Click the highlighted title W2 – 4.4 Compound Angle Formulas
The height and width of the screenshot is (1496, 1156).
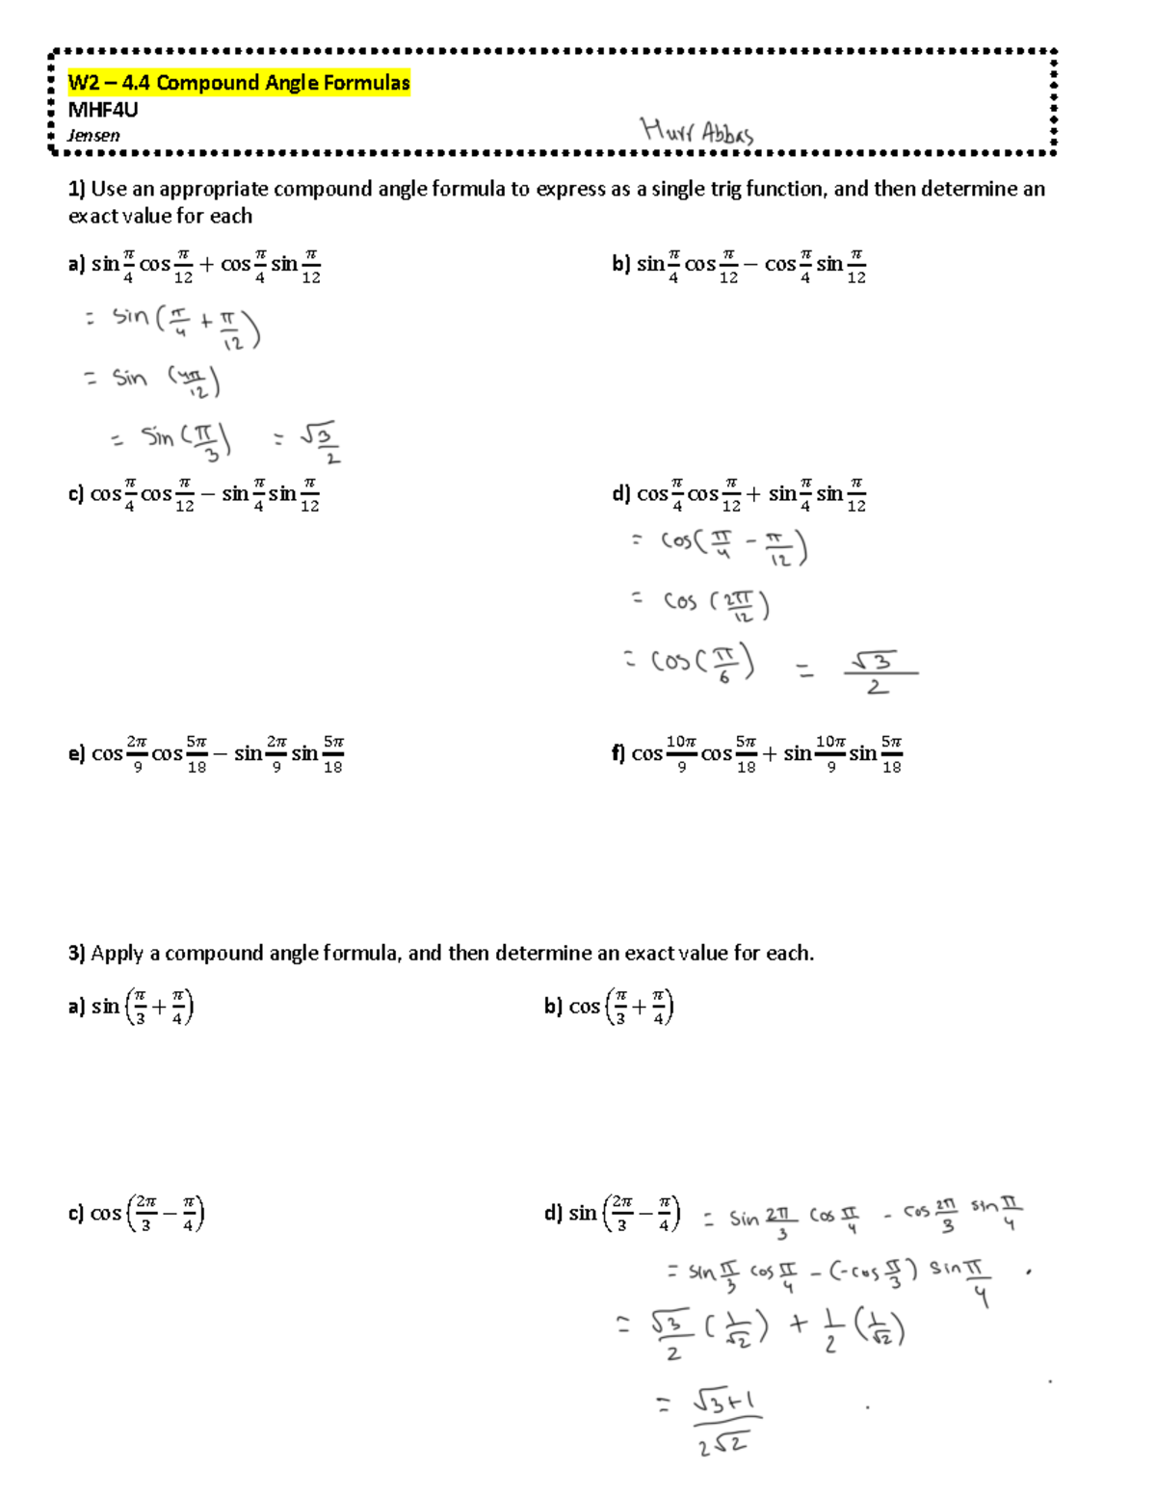[x=239, y=83]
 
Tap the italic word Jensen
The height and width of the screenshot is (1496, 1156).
[x=93, y=136]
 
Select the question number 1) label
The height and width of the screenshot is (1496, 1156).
[x=77, y=189]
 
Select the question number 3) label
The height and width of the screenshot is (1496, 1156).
[x=77, y=954]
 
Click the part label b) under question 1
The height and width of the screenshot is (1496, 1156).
[x=620, y=264]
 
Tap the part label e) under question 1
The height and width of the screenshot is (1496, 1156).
[x=77, y=754]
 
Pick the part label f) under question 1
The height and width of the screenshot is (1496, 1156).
[x=617, y=754]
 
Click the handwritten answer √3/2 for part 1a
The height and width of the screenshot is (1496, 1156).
[x=319, y=441]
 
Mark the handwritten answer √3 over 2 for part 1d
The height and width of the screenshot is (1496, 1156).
[x=878, y=671]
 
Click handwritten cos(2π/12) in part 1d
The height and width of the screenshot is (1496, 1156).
[x=716, y=605]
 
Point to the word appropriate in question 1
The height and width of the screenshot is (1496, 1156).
[x=213, y=189]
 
